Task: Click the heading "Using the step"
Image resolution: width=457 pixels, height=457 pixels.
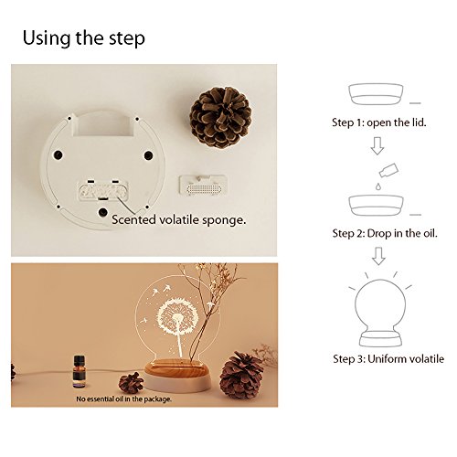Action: (x=84, y=38)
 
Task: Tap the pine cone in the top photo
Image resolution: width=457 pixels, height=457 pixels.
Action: (x=221, y=117)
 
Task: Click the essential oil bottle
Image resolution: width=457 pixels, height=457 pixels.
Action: (x=79, y=371)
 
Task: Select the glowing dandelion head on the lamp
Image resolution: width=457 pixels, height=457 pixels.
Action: (x=177, y=316)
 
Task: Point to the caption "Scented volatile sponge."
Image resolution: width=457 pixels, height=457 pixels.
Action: (x=179, y=219)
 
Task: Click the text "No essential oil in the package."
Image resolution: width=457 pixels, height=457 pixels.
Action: (x=123, y=399)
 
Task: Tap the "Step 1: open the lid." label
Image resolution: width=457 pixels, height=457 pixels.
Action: (x=379, y=122)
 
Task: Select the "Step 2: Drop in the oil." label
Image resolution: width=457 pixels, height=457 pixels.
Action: (x=385, y=233)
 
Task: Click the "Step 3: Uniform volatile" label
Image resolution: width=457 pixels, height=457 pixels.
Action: (x=388, y=358)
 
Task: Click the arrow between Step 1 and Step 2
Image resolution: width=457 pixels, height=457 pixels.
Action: (x=377, y=145)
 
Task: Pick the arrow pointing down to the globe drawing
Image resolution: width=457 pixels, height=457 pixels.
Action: (x=378, y=256)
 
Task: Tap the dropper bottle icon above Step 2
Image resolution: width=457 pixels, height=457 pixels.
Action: (x=388, y=170)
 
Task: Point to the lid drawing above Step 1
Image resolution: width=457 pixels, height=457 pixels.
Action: (x=376, y=94)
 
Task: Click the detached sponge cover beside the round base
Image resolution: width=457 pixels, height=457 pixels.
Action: (x=203, y=186)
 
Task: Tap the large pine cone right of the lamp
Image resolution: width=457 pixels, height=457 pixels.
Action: (x=241, y=376)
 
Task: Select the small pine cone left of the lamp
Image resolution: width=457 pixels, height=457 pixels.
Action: (x=131, y=382)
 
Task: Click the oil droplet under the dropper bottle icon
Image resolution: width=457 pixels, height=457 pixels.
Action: (x=378, y=186)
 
